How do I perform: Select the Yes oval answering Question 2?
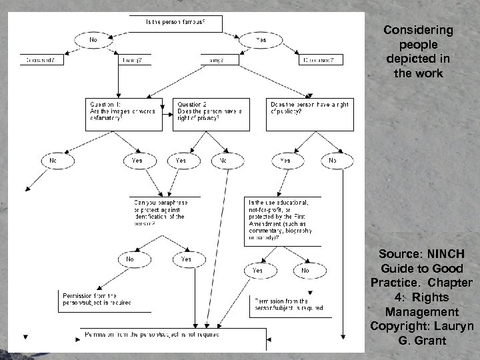[181, 160]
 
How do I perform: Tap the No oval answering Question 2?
[223, 160]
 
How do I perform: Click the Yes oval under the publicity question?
[285, 160]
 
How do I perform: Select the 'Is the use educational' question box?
[282, 219]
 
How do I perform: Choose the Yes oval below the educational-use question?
[257, 271]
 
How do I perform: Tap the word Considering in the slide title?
[418, 30]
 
